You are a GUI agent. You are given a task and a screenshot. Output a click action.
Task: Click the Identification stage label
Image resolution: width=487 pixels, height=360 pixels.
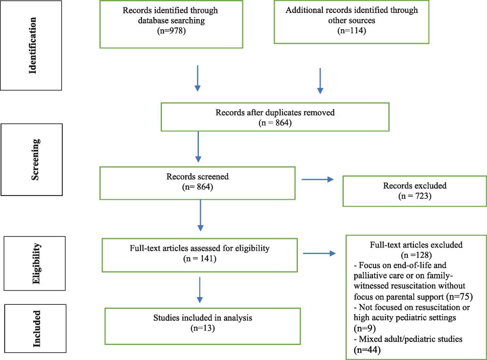32,45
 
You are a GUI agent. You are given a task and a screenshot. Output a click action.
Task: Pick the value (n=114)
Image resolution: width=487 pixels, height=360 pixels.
351,30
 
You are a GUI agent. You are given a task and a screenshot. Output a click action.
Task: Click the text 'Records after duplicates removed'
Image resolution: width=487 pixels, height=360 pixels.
275,112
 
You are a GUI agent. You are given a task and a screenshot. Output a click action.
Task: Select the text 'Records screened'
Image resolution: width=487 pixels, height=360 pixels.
197,177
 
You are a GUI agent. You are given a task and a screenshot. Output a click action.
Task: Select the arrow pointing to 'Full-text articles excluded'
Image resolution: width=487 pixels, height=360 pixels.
319,254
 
